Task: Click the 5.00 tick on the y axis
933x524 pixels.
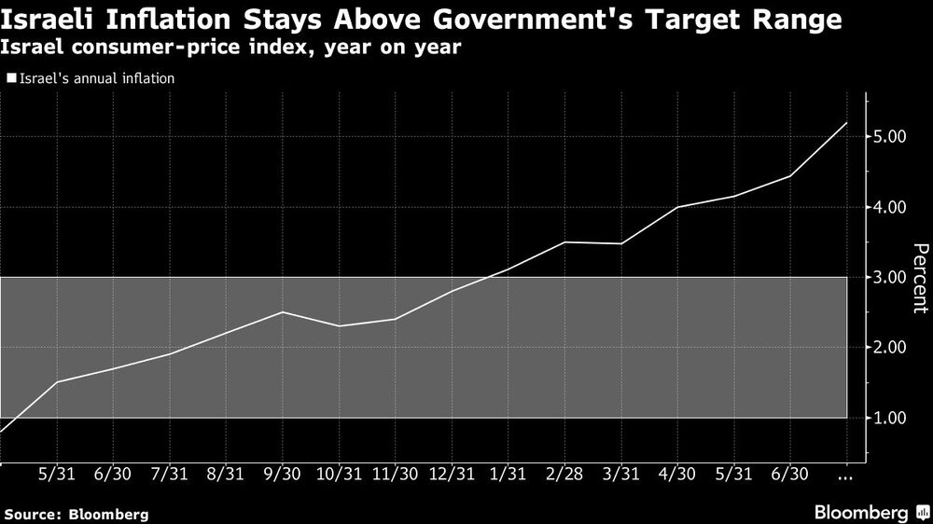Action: (x=891, y=137)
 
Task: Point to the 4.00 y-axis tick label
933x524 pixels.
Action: (x=891, y=207)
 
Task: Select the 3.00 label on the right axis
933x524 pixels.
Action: (x=891, y=277)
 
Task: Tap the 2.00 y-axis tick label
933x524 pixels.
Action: (x=891, y=348)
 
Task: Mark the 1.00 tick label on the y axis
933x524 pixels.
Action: (x=891, y=418)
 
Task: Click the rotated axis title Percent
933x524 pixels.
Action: (x=919, y=277)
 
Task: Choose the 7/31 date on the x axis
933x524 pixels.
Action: (x=169, y=474)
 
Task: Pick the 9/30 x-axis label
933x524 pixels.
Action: (x=282, y=474)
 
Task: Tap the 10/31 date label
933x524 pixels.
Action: (x=338, y=474)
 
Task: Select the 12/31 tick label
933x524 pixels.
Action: (x=452, y=474)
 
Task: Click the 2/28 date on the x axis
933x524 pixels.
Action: (x=564, y=474)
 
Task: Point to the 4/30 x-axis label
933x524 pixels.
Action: (x=677, y=474)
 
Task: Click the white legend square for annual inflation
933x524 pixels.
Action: (x=10, y=79)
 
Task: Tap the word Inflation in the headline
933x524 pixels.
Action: (x=173, y=19)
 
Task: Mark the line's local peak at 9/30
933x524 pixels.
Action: (x=282, y=312)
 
